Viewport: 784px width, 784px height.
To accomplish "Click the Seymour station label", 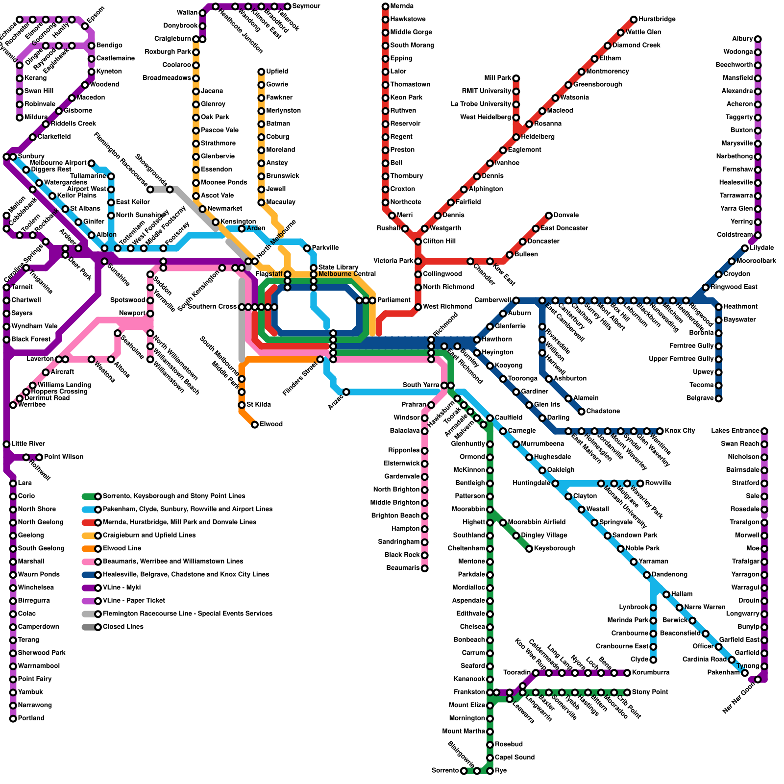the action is [306, 6].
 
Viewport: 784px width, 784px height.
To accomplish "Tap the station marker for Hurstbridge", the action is [634, 20].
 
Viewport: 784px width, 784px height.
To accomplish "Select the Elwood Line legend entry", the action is [122, 548].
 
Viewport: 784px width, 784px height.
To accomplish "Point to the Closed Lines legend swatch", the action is [91, 627].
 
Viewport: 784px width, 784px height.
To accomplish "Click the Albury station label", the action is [742, 39].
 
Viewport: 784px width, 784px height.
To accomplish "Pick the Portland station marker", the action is [13, 718].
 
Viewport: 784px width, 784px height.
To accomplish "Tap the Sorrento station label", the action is [445, 771].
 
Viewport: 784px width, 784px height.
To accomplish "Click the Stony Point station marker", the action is [627, 692].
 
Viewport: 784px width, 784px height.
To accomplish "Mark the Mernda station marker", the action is [386, 6].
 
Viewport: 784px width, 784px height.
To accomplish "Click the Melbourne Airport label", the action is [58, 163].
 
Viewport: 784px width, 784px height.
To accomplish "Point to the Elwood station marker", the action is [255, 424].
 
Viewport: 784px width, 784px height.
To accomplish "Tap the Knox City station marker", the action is [660, 431].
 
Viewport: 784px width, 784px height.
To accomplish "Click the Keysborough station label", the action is [555, 548].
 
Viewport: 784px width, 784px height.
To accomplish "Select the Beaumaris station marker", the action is [425, 568].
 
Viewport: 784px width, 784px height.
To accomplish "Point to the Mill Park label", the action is [497, 78].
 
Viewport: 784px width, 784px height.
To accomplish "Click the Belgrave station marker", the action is [719, 398].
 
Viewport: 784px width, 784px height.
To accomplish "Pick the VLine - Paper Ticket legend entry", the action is [133, 601].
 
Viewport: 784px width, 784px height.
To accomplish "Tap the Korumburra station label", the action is [650, 673].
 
